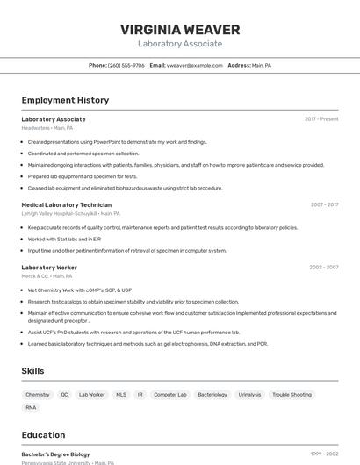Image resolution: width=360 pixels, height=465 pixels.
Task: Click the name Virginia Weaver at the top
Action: [x=180, y=30]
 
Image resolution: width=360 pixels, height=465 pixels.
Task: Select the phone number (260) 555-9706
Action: [x=126, y=65]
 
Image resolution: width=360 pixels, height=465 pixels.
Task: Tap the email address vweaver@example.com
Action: [x=195, y=65]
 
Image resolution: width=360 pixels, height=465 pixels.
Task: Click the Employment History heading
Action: [x=65, y=100]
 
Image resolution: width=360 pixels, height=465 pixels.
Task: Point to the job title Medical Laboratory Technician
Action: [x=67, y=204]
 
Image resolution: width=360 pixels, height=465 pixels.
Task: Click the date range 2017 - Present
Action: [x=321, y=118]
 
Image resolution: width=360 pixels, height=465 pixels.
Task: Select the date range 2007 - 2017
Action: [x=324, y=204]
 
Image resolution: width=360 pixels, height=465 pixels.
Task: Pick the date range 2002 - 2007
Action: [x=324, y=267]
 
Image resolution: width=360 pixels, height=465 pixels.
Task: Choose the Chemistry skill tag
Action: [x=38, y=395]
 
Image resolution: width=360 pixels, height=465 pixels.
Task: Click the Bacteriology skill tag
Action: [x=212, y=395]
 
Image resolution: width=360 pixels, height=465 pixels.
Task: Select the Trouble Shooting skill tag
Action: [x=292, y=395]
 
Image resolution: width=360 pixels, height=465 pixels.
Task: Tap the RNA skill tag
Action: [x=32, y=407]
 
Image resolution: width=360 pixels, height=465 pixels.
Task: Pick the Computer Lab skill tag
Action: [x=170, y=395]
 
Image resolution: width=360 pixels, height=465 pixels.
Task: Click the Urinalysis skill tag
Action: [x=249, y=395]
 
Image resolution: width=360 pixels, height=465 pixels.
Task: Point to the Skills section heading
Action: [x=33, y=371]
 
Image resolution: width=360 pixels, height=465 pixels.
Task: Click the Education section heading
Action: [x=43, y=434]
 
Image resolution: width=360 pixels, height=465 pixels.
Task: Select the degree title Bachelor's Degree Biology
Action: [x=55, y=454]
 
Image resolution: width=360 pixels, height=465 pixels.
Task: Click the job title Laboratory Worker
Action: [x=49, y=267]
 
